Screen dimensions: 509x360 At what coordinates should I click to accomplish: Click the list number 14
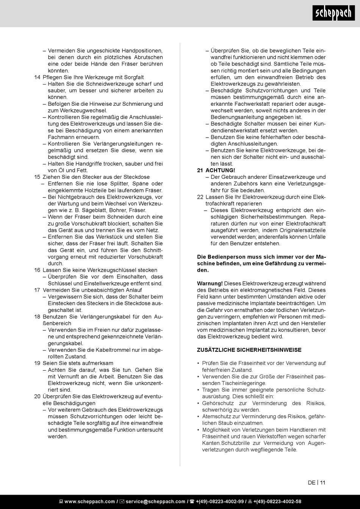pyautogui.click(x=37, y=77)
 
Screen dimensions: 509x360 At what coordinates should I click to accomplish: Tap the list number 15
pyautogui.click(x=37, y=177)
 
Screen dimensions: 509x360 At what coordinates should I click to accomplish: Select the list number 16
pyautogui.click(x=37, y=270)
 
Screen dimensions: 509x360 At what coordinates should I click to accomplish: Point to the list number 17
pyautogui.click(x=37, y=290)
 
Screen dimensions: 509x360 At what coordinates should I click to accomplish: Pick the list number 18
pyautogui.click(x=37, y=317)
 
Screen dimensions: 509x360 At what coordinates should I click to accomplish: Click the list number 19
pyautogui.click(x=37, y=363)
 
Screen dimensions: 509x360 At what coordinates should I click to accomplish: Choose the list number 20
pyautogui.click(x=37, y=396)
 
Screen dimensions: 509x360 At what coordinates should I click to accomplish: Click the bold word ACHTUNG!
pyautogui.click(x=220, y=170)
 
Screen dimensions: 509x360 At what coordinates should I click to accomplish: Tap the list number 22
pyautogui.click(x=200, y=197)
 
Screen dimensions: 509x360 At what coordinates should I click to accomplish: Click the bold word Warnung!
pyautogui.click(x=210, y=283)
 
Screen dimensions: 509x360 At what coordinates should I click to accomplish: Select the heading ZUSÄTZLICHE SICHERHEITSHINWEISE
pyautogui.click(x=249, y=349)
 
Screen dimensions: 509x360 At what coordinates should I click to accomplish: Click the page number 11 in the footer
pyautogui.click(x=322, y=482)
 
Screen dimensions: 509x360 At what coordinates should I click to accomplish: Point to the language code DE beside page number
pyautogui.click(x=311, y=482)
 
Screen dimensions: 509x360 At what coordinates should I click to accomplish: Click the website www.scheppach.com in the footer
pyautogui.click(x=89, y=501)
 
